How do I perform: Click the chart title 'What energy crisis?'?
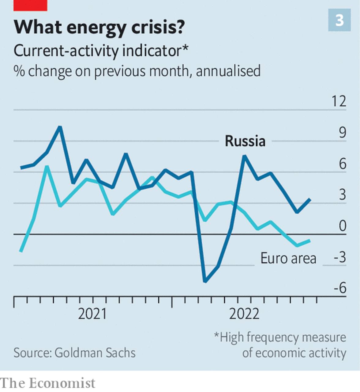99,27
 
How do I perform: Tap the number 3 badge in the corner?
339,20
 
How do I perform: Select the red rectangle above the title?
30,5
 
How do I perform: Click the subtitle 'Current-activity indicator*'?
101,51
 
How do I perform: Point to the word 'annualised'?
228,71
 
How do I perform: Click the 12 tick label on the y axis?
339,102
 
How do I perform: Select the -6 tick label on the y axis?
340,288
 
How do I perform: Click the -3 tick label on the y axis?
340,257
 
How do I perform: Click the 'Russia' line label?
245,141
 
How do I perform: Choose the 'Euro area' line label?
288,258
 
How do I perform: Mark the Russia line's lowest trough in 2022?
205,281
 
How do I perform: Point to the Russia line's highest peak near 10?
60,127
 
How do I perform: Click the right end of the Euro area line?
310,240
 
